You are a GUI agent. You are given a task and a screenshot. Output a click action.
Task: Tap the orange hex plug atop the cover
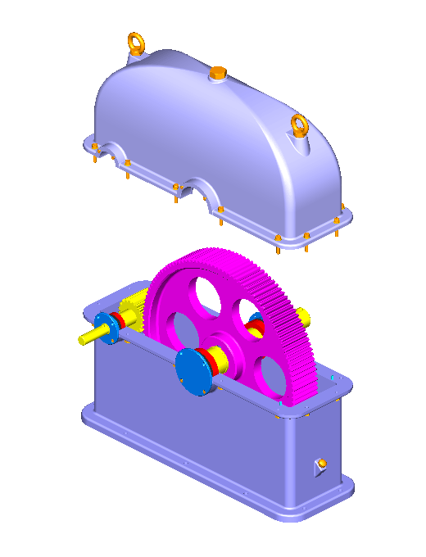(x=217, y=74)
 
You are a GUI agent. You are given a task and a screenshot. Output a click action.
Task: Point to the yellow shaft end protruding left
(x=86, y=336)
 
